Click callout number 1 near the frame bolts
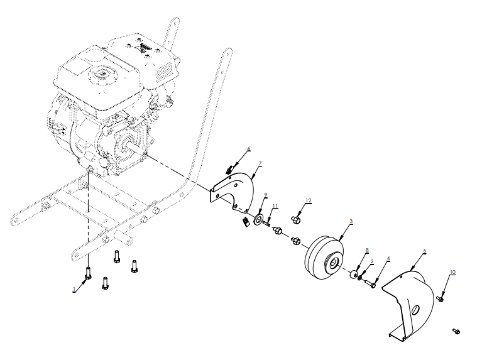[x=74, y=289]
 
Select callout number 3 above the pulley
[x=351, y=221]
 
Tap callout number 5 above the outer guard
[x=424, y=251]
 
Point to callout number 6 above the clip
[x=248, y=149]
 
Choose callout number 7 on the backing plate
[x=260, y=163]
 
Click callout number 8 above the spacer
[x=367, y=249]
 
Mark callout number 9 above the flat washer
[x=266, y=195]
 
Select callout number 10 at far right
[x=452, y=272]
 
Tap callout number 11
[x=275, y=205]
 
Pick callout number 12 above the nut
[x=308, y=200]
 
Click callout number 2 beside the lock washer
[x=371, y=261]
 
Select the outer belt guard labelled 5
[x=408, y=302]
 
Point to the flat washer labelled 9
[x=258, y=220]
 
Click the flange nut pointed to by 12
[x=296, y=219]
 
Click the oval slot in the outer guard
[x=416, y=310]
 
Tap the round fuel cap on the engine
[x=99, y=75]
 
